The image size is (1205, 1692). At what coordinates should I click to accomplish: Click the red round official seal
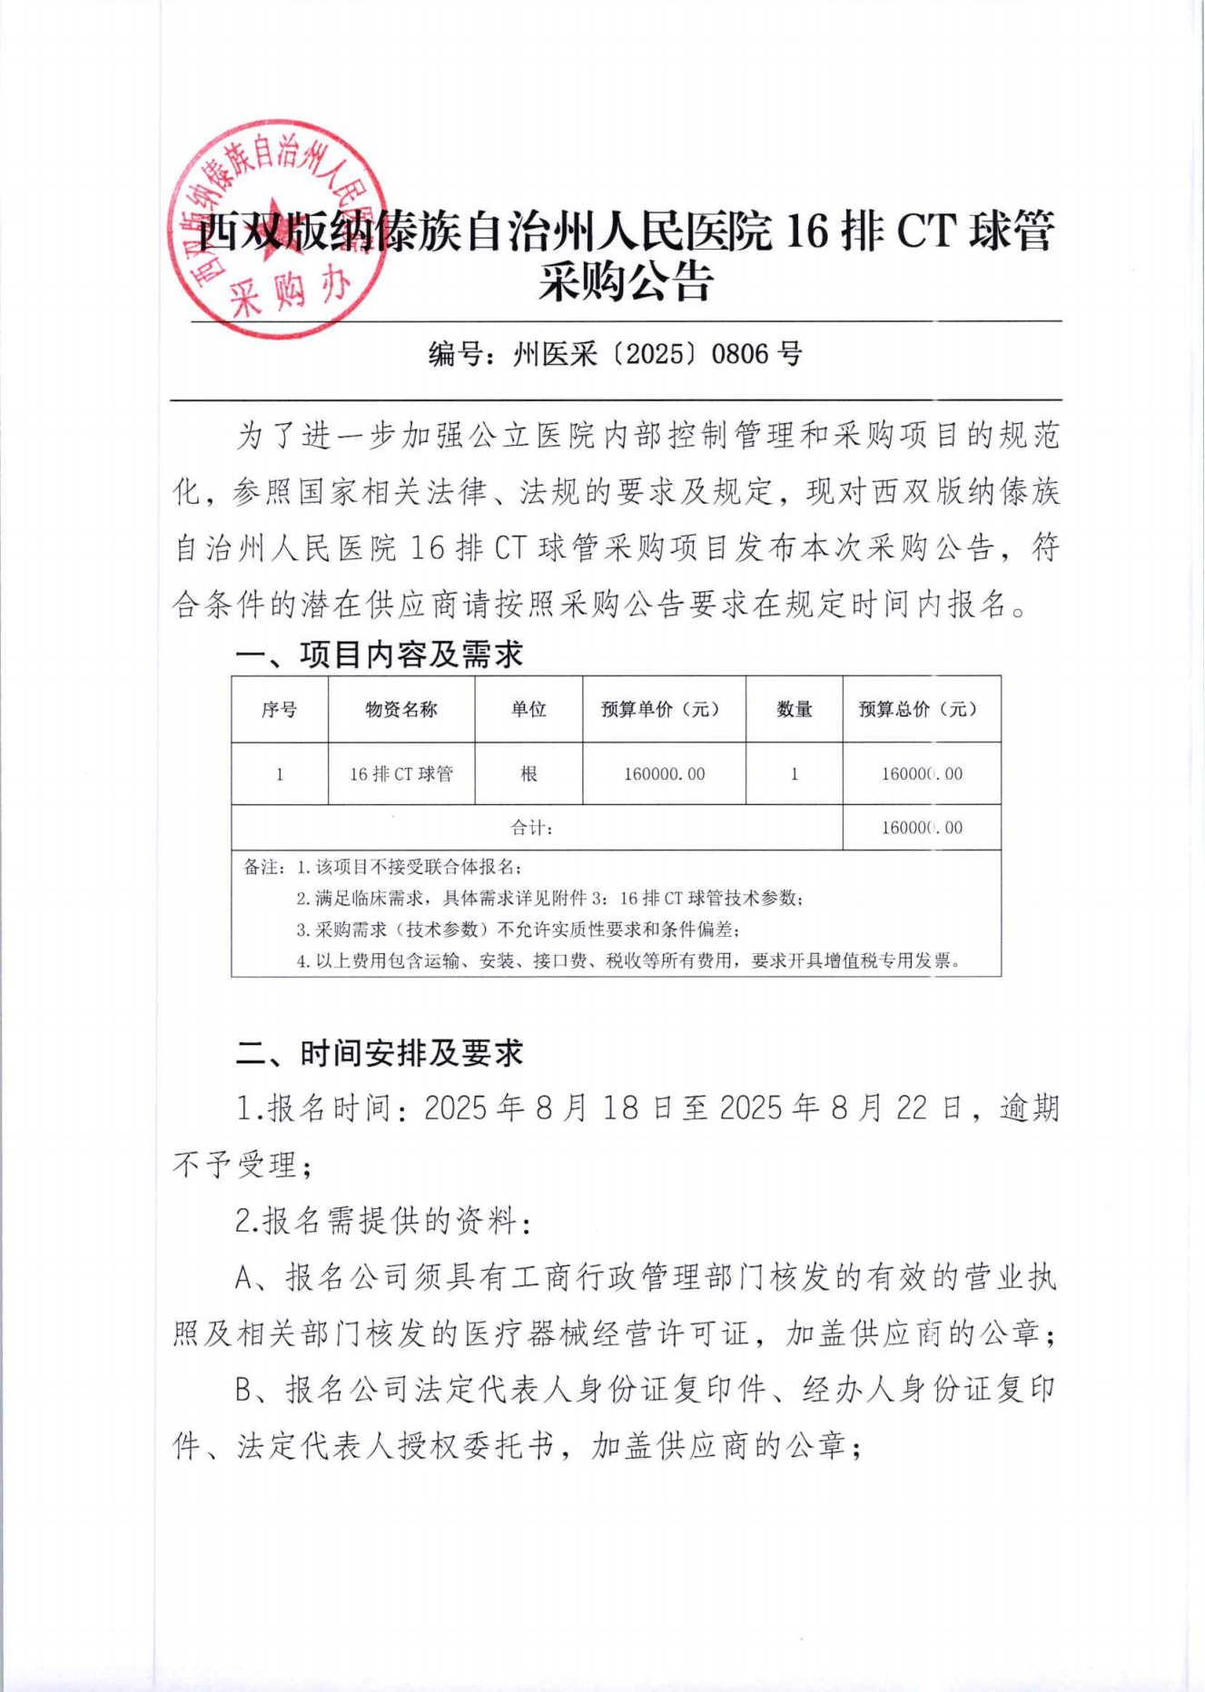[278, 229]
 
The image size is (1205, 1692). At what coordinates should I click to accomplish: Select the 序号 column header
[280, 710]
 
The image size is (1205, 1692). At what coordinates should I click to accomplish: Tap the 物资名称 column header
[401, 710]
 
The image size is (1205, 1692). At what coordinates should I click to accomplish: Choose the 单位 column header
[528, 710]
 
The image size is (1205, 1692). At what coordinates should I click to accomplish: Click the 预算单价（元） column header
[664, 710]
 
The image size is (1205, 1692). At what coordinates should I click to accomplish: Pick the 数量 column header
[794, 710]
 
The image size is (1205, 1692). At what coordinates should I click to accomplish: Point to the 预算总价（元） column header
[921, 710]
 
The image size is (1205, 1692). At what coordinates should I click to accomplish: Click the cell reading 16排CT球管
[401, 774]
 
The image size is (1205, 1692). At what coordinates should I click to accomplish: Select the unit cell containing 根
[528, 774]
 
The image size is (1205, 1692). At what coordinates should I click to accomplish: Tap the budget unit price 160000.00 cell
[664, 774]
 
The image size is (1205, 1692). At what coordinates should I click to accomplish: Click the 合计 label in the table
[532, 828]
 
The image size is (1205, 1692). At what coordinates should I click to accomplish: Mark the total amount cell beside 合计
[921, 828]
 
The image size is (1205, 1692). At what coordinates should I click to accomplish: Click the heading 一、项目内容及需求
[380, 654]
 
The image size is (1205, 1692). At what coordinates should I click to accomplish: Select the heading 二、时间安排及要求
[380, 1053]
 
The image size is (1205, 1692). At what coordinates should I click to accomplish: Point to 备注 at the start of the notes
[262, 868]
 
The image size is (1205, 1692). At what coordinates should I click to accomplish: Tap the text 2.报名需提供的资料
[381, 1221]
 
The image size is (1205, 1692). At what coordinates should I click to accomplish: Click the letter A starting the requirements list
[244, 1278]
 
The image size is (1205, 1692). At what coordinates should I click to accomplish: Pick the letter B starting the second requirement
[244, 1390]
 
